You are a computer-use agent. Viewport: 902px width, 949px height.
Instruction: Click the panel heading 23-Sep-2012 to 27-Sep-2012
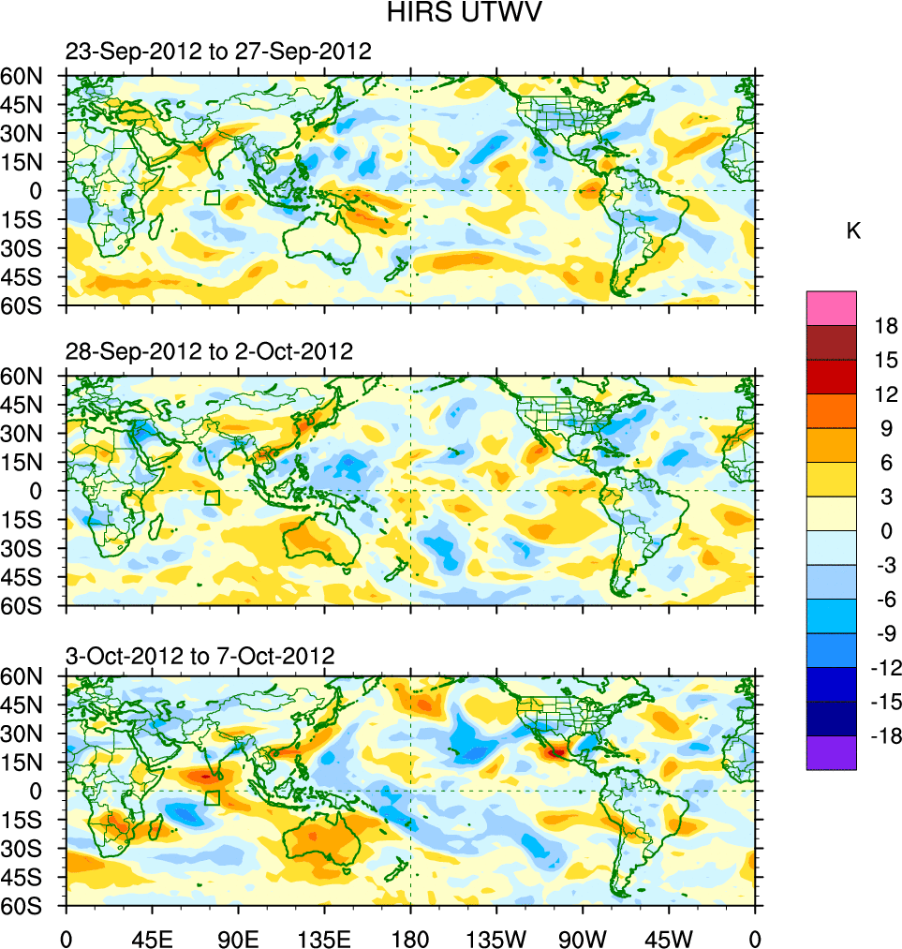click(218, 52)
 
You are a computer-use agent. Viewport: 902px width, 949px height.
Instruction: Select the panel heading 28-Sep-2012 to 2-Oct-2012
click(209, 352)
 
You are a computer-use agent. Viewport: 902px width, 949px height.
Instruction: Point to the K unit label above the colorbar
click(853, 231)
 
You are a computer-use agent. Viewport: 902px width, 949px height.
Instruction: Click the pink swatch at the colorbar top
click(831, 307)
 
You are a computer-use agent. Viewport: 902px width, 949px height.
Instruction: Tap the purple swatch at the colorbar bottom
click(831, 753)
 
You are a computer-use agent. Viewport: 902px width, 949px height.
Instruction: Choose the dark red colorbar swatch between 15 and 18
click(831, 342)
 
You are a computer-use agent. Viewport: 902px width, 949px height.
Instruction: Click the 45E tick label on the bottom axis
click(152, 938)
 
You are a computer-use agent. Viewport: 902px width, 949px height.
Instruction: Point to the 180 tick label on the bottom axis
click(410, 938)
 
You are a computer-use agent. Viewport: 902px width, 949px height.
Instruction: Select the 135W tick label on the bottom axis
click(496, 938)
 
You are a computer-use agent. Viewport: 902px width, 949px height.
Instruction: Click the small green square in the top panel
click(213, 198)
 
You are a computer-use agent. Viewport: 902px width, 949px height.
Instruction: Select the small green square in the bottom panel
click(213, 798)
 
